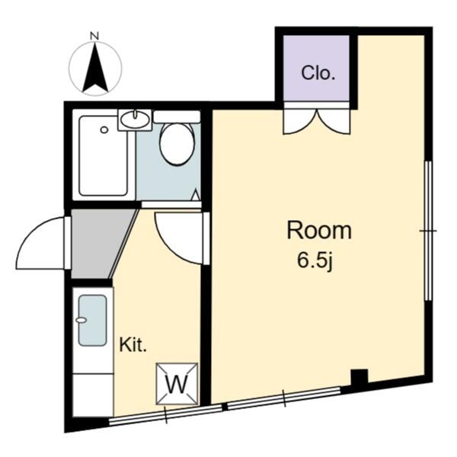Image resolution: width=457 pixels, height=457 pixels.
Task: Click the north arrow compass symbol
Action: (x=95, y=69)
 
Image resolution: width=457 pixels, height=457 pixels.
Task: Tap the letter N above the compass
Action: (x=94, y=36)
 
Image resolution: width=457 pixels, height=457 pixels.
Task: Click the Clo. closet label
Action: (x=318, y=73)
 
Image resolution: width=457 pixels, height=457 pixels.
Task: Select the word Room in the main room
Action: (x=319, y=231)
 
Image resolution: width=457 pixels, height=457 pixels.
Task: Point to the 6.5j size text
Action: (x=315, y=260)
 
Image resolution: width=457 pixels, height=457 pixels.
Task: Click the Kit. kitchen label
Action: (x=133, y=345)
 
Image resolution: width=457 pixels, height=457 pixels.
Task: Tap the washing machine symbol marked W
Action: (x=177, y=384)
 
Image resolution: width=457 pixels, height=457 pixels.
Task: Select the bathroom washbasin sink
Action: (x=135, y=120)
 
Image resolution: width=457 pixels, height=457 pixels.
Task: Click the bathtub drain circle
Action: (x=104, y=130)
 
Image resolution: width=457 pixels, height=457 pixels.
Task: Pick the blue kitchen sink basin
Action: (x=92, y=321)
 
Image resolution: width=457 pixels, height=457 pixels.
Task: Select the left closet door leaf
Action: (x=299, y=121)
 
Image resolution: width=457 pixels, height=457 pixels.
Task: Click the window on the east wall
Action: (x=428, y=231)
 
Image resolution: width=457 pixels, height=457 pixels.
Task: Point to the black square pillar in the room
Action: (x=360, y=377)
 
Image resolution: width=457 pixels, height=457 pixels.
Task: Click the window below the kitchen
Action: (x=165, y=414)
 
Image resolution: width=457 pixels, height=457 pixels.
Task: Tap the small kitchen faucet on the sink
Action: (x=81, y=320)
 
